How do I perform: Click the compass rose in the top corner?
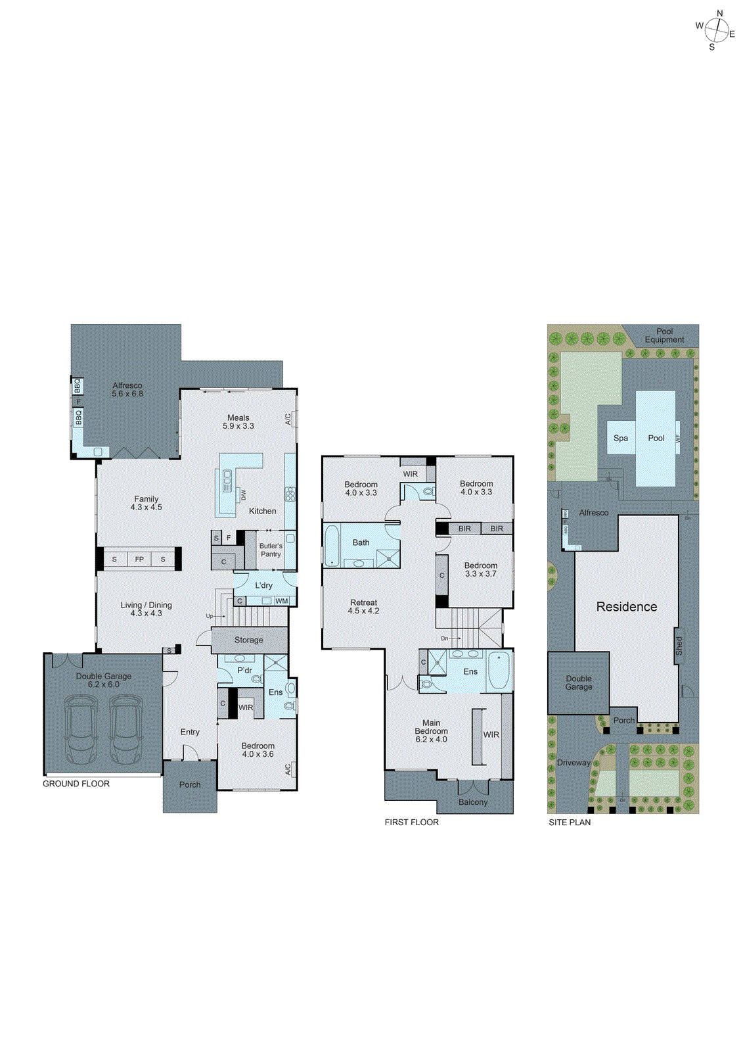[x=715, y=30]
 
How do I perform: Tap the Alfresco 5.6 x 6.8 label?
[x=127, y=390]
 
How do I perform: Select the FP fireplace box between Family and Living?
[x=139, y=560]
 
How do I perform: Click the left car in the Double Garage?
[x=81, y=730]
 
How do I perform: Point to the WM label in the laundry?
[x=281, y=601]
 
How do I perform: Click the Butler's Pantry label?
[x=271, y=550]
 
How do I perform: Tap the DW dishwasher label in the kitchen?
[x=243, y=494]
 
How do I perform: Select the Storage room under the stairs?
[x=249, y=640]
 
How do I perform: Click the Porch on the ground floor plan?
[x=190, y=785]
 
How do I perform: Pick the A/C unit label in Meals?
[x=288, y=419]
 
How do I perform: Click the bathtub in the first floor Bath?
[x=332, y=545]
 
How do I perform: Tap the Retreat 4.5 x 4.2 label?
[x=364, y=606]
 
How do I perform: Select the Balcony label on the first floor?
[x=473, y=802]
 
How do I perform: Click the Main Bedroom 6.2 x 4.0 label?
[x=431, y=730]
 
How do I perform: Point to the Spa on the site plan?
[x=620, y=438]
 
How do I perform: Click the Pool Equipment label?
[x=664, y=335]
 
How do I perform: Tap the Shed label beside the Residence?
[x=679, y=646]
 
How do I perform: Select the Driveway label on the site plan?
[x=574, y=763]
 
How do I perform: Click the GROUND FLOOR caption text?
[x=76, y=784]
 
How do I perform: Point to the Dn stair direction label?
[x=445, y=638]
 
